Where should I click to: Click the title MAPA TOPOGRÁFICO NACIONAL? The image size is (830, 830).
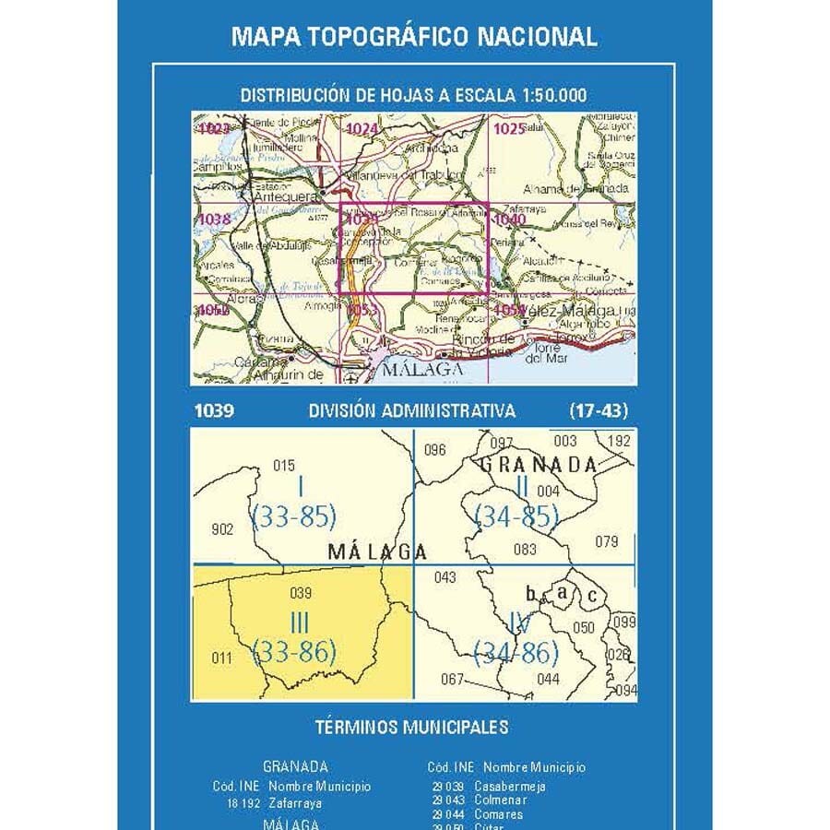tap(414, 36)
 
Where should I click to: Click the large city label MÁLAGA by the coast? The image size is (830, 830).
tap(417, 369)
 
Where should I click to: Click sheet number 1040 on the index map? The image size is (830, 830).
tap(510, 219)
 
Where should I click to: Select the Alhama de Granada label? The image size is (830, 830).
tap(587, 188)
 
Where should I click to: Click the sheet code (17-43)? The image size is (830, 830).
tap(599, 411)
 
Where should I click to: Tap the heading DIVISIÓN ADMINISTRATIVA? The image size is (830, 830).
tap(413, 411)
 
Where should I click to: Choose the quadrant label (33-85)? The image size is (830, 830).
tap(293, 516)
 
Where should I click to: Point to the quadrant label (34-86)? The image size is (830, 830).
tap(516, 654)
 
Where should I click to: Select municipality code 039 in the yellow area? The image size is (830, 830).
tap(301, 593)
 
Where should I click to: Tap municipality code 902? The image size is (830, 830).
tap(222, 528)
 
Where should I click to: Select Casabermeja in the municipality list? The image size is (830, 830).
tap(510, 787)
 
